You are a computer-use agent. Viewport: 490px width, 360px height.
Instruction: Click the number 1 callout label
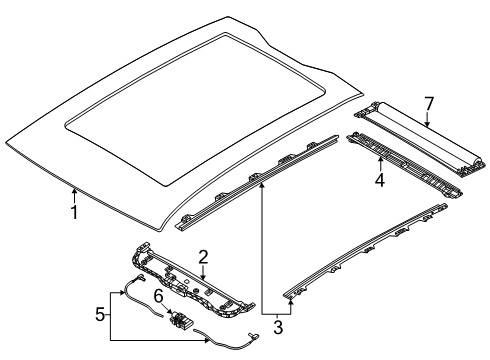point(72,212)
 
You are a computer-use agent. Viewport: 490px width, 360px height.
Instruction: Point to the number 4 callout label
point(380,181)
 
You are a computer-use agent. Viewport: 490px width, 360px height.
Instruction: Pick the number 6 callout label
point(158,297)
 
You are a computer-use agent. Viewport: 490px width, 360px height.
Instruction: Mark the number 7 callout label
point(428,105)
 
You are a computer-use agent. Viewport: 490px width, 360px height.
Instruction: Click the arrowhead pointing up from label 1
point(72,190)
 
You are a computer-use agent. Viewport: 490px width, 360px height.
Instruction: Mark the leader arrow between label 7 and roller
point(427,121)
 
